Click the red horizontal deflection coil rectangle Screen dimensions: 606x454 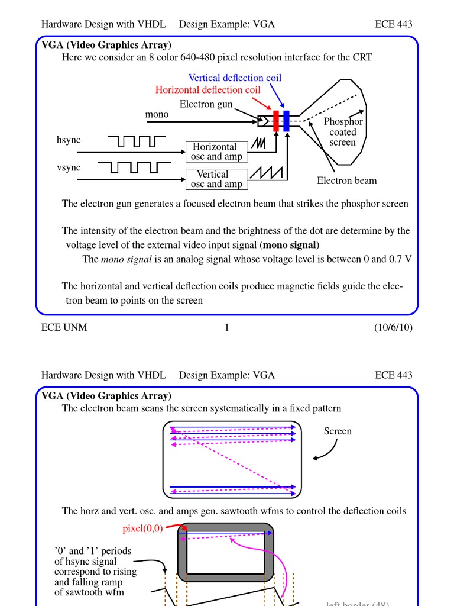[x=275, y=121]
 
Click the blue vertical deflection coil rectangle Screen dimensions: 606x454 [x=286, y=121]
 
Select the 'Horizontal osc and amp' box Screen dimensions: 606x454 [x=216, y=151]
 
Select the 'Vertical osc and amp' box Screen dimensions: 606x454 [x=216, y=179]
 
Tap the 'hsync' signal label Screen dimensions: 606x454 [x=69, y=140]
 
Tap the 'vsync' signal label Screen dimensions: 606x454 [x=69, y=167]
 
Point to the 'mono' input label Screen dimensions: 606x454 [x=157, y=114]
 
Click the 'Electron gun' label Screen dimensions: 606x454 [x=206, y=104]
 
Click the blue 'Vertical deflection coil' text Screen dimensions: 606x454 [x=235, y=78]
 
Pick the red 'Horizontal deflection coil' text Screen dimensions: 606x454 [x=207, y=90]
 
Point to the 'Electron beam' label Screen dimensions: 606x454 [x=346, y=181]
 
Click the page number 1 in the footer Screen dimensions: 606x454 [x=226, y=327]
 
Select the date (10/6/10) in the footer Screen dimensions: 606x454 [x=393, y=327]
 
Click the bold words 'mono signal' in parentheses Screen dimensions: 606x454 [x=290, y=245]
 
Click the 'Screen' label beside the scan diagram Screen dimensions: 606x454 [x=338, y=431]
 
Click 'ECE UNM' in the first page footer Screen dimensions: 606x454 [x=64, y=327]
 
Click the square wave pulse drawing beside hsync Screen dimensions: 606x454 [x=137, y=141]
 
